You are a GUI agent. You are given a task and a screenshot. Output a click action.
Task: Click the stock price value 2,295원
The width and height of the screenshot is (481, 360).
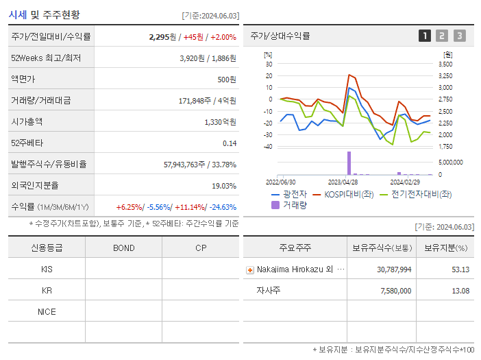tap(162, 37)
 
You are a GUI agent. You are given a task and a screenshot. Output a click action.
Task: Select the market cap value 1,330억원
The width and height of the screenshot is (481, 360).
tap(220, 122)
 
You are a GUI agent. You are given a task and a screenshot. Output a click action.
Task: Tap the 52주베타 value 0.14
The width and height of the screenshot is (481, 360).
tap(229, 143)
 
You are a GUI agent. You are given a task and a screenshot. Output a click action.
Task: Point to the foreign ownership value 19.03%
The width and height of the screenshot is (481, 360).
tap(224, 186)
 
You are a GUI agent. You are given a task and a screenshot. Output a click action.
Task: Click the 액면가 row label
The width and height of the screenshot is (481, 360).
tap(23, 80)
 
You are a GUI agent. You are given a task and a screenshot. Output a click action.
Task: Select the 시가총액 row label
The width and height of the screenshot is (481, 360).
tap(27, 122)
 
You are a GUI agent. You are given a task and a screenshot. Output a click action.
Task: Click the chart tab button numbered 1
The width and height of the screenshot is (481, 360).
tap(425, 36)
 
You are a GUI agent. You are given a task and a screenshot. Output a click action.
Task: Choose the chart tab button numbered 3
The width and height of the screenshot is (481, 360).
tap(459, 36)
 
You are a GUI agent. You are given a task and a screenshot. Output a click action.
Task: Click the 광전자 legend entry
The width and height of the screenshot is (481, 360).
tap(289, 194)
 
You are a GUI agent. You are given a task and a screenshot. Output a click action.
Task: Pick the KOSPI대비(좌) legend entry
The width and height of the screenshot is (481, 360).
tap(348, 194)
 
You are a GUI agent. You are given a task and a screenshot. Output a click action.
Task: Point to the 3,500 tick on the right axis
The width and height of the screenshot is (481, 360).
tap(445, 64)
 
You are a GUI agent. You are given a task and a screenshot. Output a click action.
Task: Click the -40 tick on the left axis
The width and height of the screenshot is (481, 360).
tap(268, 147)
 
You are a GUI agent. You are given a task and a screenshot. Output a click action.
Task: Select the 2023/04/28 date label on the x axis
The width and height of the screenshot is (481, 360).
tap(343, 182)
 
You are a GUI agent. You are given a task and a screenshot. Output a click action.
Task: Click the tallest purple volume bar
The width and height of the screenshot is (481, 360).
tap(349, 163)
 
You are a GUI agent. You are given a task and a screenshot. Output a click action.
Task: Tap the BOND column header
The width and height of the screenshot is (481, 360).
tap(123, 248)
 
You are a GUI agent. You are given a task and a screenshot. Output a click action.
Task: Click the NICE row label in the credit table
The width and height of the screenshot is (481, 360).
tap(47, 312)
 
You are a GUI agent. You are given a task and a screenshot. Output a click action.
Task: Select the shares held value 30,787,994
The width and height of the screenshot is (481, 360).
tap(394, 269)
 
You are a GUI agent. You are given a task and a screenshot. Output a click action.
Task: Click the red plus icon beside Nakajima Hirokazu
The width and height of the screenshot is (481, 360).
tap(249, 270)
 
